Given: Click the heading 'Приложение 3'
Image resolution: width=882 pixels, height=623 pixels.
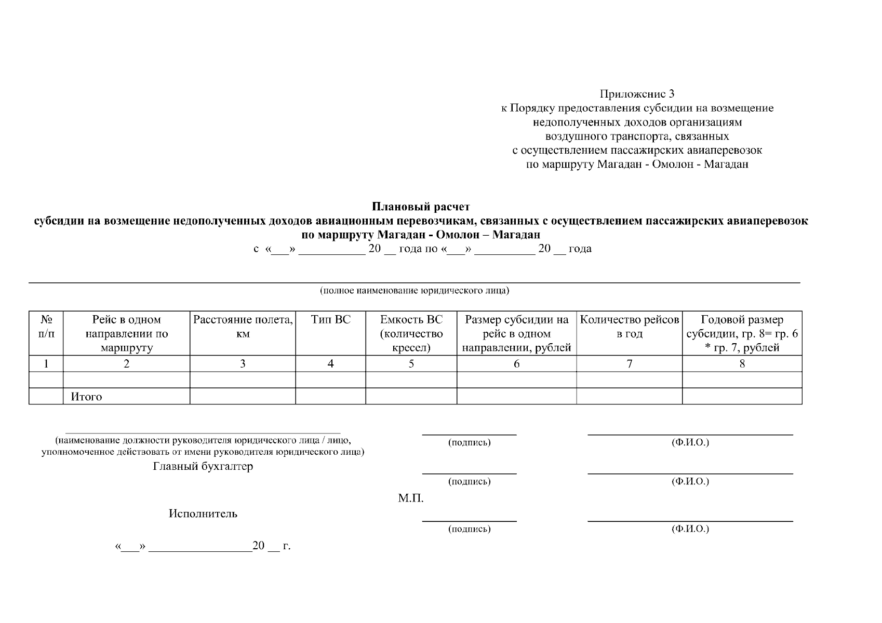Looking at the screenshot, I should click(x=637, y=94).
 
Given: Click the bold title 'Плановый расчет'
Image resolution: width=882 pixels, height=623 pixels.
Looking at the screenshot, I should click(x=421, y=207).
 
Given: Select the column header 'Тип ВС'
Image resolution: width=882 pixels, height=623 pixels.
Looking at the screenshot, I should click(x=331, y=320).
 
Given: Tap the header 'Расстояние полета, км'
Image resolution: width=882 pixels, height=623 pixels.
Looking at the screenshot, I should click(x=243, y=327).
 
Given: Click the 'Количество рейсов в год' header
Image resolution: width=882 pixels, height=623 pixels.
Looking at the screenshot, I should click(x=629, y=327).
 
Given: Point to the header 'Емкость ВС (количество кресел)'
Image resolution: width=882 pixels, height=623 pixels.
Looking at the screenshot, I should click(x=411, y=333).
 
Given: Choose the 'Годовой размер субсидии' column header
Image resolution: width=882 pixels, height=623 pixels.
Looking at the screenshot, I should click(x=742, y=333).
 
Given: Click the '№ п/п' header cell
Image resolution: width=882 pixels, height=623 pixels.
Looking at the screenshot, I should click(x=46, y=327).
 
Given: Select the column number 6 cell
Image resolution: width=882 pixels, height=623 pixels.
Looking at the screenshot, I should click(x=516, y=363).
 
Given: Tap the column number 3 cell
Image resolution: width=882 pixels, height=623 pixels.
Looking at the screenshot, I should click(x=243, y=363).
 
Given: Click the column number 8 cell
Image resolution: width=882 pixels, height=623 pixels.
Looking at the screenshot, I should click(x=742, y=363).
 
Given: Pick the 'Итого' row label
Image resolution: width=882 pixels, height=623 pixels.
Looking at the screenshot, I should click(x=86, y=397).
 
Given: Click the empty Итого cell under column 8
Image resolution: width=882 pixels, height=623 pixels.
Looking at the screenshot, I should click(x=742, y=397).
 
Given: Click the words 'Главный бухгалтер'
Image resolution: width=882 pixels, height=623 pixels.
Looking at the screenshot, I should click(x=203, y=466).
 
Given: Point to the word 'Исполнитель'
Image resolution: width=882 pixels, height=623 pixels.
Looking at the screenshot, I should click(x=203, y=513).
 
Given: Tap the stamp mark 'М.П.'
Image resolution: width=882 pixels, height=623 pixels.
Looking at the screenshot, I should click(x=411, y=499).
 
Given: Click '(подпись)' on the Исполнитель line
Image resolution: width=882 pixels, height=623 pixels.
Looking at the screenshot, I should click(x=469, y=529).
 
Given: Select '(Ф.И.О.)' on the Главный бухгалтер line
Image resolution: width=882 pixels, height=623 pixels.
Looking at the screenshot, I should click(x=690, y=481).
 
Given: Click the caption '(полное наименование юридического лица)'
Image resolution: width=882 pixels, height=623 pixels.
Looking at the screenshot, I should click(x=414, y=290).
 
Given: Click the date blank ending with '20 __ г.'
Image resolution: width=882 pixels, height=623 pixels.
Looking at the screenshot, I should click(x=203, y=546).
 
